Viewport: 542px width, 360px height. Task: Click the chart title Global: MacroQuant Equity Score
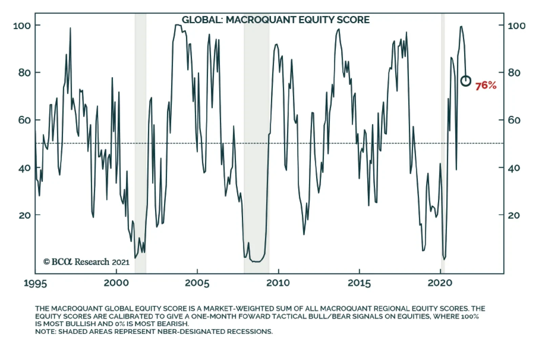click(275, 20)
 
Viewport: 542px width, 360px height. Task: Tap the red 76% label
click(485, 86)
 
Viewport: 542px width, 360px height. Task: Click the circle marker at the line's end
click(466, 81)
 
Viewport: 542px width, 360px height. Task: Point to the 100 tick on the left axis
click(22, 25)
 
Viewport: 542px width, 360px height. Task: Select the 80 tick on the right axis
click(514, 72)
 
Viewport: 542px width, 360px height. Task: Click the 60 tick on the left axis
click(24, 120)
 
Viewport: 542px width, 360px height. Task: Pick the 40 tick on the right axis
click(514, 168)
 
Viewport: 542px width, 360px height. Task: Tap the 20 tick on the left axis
click(24, 215)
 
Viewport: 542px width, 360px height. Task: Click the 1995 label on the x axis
click(35, 283)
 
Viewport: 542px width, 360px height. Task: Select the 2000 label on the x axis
click(116, 283)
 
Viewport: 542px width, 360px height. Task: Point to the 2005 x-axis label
click(197, 283)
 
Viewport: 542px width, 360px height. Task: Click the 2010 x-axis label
click(278, 283)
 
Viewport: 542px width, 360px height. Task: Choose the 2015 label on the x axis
click(359, 283)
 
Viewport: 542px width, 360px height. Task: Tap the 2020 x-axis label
click(440, 283)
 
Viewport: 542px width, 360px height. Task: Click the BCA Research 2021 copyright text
click(86, 262)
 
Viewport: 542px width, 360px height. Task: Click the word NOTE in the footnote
click(45, 332)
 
